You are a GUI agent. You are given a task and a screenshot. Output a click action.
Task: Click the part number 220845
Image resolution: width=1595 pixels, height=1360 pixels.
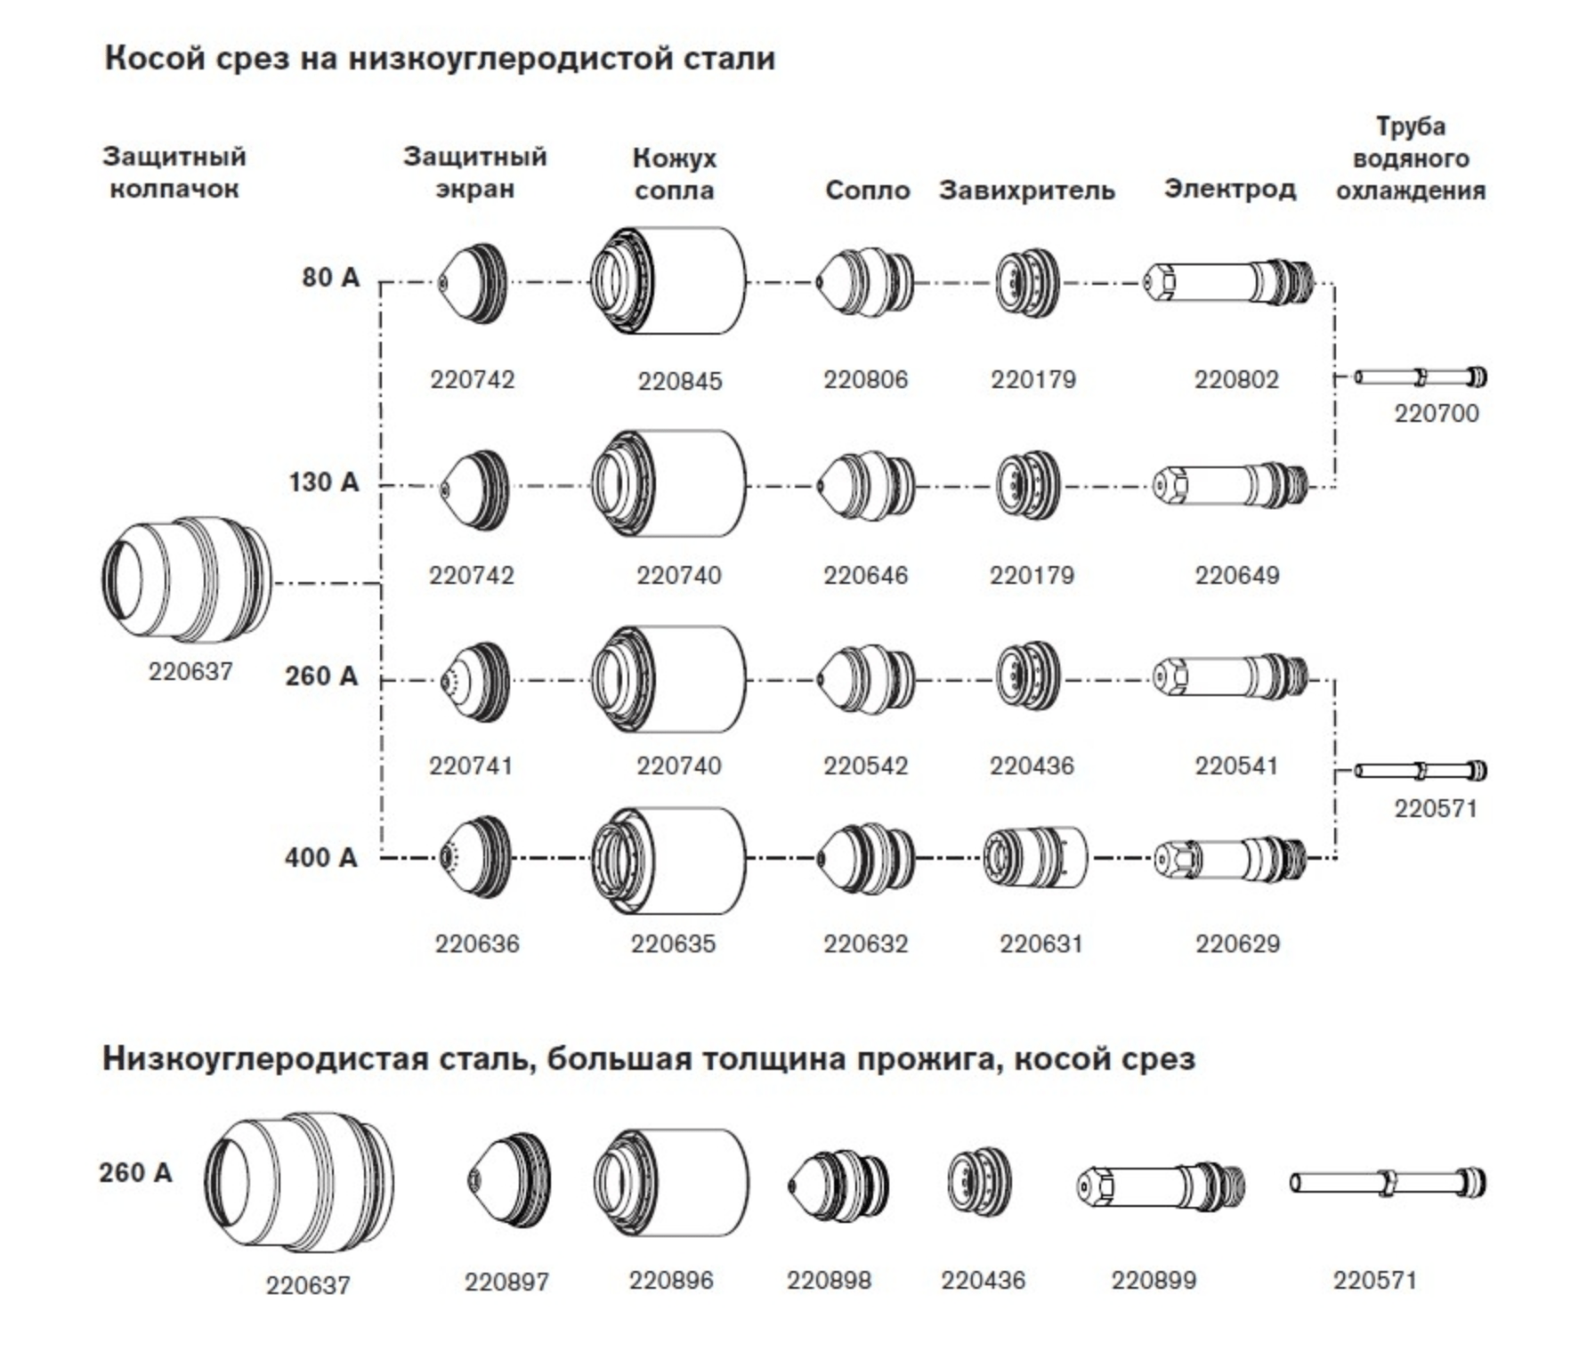click(679, 381)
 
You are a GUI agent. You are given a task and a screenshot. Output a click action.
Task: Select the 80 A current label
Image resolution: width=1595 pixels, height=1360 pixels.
click(331, 278)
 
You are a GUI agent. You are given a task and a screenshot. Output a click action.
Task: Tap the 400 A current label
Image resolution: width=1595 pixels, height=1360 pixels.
click(321, 858)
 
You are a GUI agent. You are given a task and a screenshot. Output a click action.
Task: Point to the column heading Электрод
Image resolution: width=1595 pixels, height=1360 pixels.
click(1230, 190)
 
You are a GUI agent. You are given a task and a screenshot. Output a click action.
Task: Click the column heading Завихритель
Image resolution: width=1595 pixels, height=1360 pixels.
click(1027, 190)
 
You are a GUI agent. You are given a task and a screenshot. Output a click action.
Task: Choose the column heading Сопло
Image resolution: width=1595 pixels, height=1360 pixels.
click(868, 190)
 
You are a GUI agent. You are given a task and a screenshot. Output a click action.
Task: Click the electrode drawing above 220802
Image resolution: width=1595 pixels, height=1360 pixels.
click(1229, 281)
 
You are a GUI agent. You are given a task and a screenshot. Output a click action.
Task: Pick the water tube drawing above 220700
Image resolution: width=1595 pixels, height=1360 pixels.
click(1421, 377)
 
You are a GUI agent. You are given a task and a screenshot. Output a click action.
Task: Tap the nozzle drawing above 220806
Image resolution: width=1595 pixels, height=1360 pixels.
click(865, 283)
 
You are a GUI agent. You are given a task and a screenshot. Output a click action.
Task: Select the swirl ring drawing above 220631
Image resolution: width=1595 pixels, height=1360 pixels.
click(1036, 858)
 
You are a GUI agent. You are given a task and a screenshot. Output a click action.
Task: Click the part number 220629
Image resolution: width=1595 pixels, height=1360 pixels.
click(1237, 943)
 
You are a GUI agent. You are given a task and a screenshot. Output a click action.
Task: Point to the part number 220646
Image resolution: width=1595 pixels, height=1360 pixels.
click(865, 575)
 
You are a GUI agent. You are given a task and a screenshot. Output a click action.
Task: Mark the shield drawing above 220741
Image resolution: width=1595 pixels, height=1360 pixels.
click(475, 682)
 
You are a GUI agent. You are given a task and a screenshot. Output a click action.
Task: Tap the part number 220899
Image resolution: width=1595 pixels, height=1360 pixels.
click(1154, 1280)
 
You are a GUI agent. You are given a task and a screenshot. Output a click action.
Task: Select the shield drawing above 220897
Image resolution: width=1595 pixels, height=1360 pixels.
click(508, 1182)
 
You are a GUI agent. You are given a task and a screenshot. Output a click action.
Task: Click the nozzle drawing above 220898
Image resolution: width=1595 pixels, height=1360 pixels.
click(838, 1186)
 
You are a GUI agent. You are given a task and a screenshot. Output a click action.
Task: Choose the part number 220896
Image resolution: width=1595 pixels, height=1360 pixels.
click(671, 1280)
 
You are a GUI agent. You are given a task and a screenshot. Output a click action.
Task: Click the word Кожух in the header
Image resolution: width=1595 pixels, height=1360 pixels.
click(675, 158)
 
